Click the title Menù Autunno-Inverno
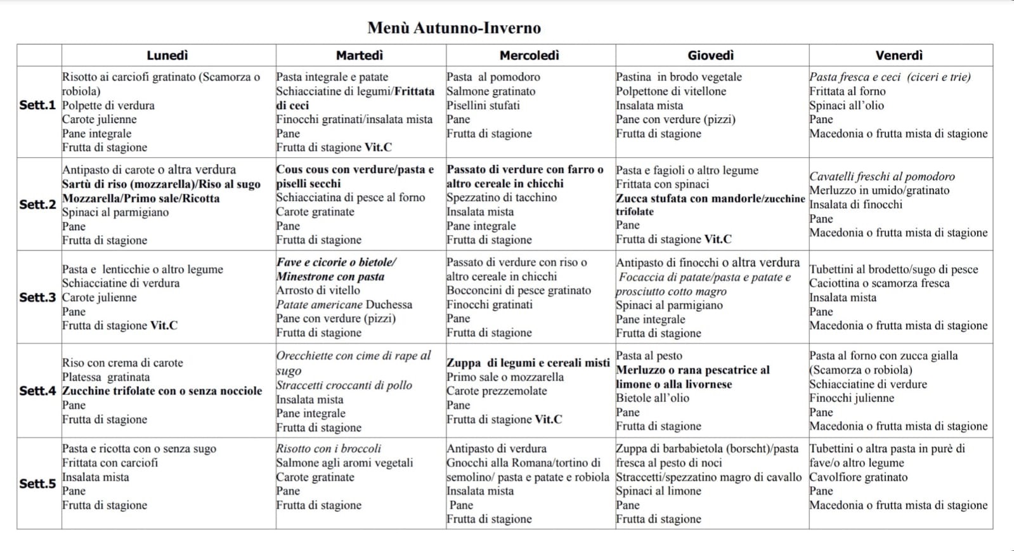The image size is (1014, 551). [454, 28]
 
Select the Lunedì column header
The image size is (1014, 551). [167, 56]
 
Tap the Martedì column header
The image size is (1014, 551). [360, 56]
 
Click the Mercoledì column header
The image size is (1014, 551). [530, 56]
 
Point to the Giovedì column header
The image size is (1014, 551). [711, 56]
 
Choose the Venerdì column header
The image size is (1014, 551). [899, 56]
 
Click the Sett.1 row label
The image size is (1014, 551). [37, 105]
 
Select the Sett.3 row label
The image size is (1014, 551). [37, 297]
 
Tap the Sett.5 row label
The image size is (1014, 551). [37, 484]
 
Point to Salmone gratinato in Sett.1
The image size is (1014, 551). [491, 91]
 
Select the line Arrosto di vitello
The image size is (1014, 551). [318, 290]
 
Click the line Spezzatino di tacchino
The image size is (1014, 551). [502, 197]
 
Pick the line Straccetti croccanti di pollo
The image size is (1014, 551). [344, 386]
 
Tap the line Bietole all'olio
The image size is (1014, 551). [653, 398]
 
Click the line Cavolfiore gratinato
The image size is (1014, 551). [859, 477]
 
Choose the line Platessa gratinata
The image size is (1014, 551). [106, 377]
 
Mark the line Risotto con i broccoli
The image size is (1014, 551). [328, 448]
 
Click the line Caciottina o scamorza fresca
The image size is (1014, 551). [880, 283]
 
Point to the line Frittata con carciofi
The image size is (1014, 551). [110, 463]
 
